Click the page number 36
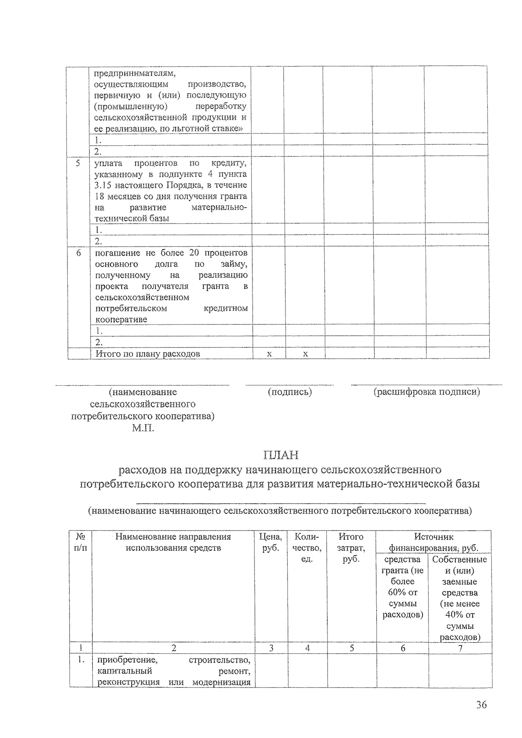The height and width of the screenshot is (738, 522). point(481,705)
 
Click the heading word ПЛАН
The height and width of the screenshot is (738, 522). point(281,455)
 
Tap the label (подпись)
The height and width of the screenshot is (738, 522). point(290,392)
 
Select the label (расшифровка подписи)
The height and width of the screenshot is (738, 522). point(427,392)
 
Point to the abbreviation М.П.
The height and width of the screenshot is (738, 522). point(143,428)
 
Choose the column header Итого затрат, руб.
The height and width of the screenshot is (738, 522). point(351,548)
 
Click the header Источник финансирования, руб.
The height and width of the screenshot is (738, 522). point(434,542)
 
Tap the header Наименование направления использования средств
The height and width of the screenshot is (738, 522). point(173,542)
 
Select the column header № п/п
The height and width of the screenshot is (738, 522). point(80,542)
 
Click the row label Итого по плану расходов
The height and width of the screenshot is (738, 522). point(148,354)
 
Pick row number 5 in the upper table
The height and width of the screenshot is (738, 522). point(78,164)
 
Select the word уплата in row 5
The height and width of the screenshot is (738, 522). point(108,164)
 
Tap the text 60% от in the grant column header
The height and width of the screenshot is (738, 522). point(402,592)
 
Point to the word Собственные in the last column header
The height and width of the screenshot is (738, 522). point(460,559)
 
